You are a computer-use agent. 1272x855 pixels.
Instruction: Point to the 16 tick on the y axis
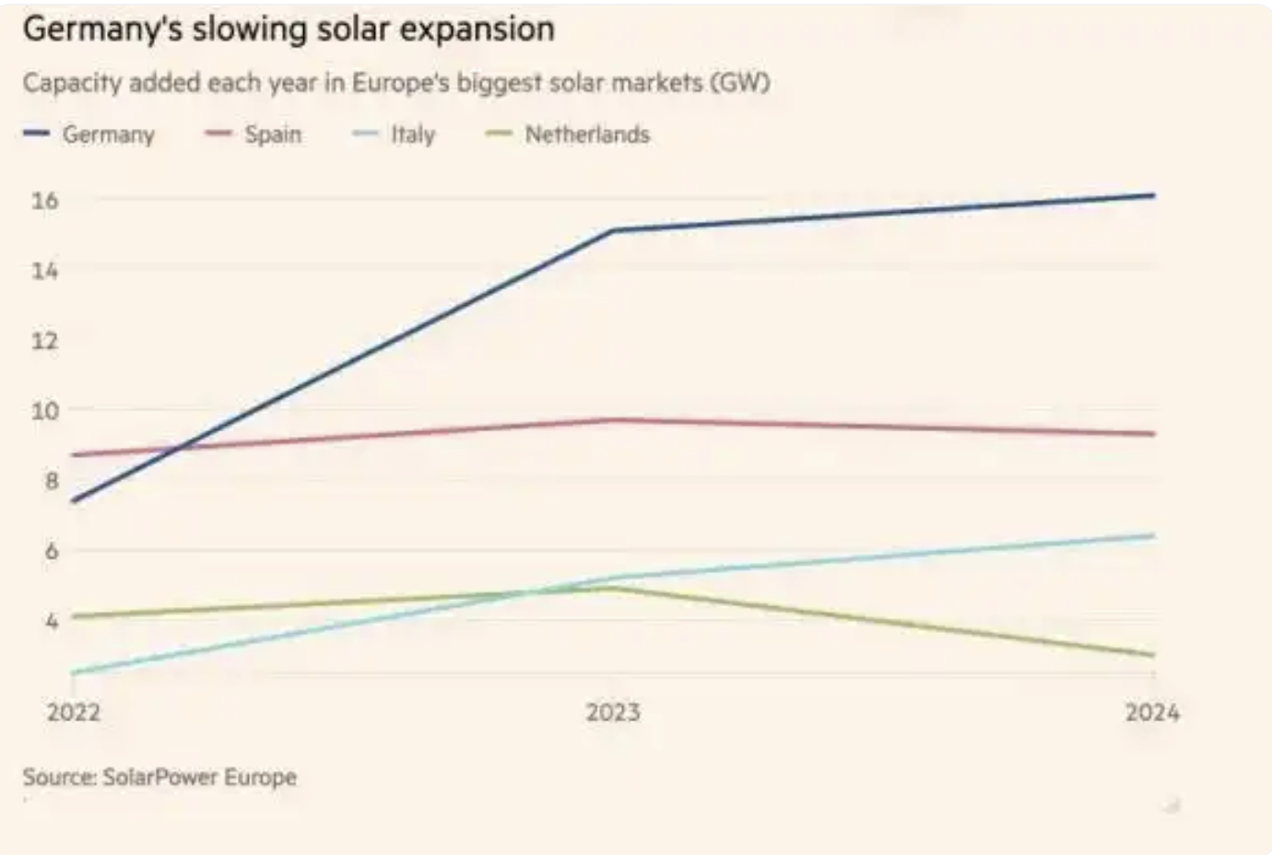coord(44,200)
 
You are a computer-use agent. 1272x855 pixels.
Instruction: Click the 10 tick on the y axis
coord(44,410)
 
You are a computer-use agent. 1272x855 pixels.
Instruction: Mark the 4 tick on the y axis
coord(51,620)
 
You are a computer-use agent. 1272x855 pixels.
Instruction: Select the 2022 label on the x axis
coord(74,712)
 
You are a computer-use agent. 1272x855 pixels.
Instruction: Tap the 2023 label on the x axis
coord(613,712)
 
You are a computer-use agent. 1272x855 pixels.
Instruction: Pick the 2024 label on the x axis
coord(1151,712)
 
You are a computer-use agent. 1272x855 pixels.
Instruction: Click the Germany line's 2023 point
coord(614,230)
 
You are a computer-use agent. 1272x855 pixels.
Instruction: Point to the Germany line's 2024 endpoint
coord(1153,195)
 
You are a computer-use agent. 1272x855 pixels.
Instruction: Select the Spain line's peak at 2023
coord(614,420)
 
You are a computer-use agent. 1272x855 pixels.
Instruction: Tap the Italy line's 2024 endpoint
coord(1153,535)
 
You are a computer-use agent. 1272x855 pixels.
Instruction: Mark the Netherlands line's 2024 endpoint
coord(1153,655)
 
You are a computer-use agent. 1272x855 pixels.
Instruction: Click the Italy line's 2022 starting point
coord(74,673)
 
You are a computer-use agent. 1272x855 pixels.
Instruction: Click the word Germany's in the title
coord(102,29)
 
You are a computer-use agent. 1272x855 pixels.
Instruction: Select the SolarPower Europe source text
coord(199,777)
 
